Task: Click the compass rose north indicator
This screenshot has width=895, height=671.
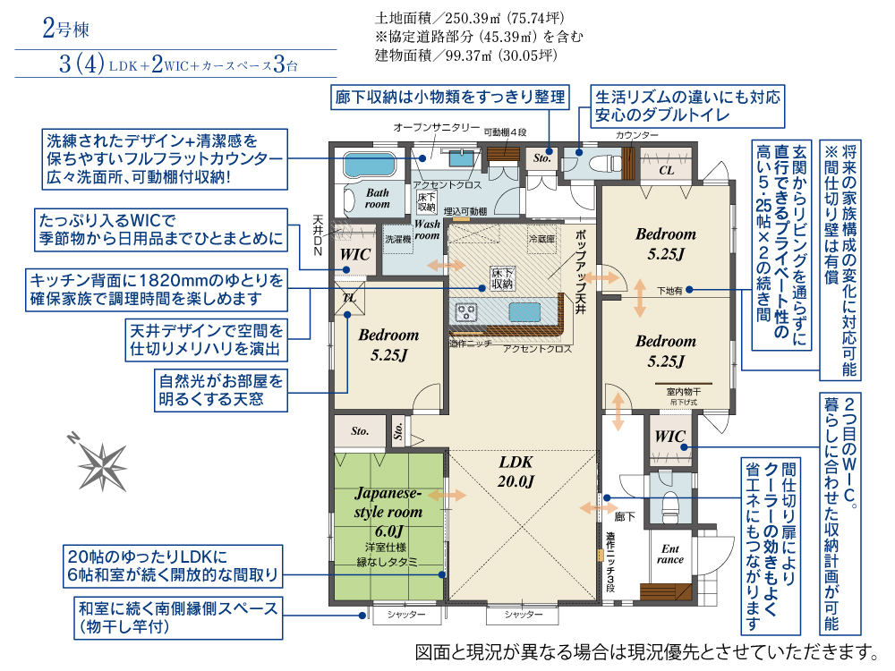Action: (73, 438)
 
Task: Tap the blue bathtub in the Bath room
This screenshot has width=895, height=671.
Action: (370, 165)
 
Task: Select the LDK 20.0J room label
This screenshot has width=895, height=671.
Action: (516, 471)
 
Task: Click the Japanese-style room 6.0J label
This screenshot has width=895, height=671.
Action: (388, 512)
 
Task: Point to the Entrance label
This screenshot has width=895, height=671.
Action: (670, 554)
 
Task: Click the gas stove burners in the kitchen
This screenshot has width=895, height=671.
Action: (465, 312)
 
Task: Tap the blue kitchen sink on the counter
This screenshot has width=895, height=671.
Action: (524, 312)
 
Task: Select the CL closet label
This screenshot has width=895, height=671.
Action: (666, 170)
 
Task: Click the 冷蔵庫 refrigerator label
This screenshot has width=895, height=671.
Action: (541, 239)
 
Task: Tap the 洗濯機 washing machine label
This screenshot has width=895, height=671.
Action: (397, 239)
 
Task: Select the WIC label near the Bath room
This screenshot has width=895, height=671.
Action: (355, 254)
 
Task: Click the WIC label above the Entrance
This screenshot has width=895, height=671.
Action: (669, 437)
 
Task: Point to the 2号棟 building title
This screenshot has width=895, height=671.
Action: (65, 28)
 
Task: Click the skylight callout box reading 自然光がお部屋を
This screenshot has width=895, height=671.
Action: (221, 390)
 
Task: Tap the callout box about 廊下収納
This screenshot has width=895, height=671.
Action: (450, 97)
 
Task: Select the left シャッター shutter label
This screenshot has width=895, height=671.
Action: (406, 615)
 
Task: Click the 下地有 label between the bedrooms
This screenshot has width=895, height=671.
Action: (669, 291)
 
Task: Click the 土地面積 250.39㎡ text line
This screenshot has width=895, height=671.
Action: (470, 18)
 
